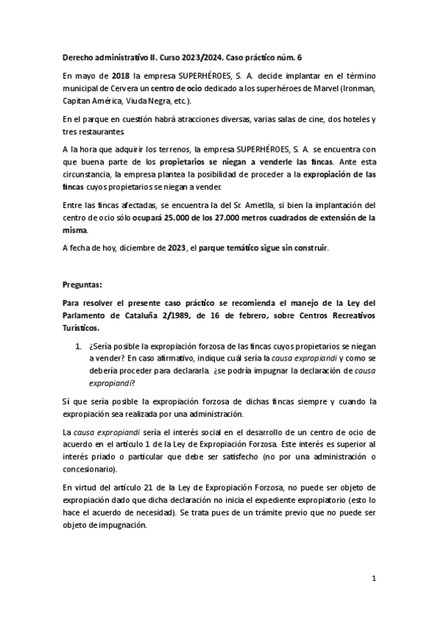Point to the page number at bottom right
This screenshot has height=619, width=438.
[373, 579]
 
